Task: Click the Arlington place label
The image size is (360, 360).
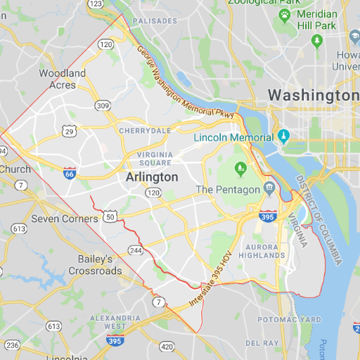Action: (x=152, y=177)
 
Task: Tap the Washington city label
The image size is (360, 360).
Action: (x=314, y=94)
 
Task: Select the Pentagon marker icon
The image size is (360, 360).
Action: (x=269, y=188)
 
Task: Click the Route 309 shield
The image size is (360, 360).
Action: (x=103, y=105)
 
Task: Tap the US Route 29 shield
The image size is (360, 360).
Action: (x=69, y=131)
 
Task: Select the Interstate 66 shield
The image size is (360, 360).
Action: (x=69, y=173)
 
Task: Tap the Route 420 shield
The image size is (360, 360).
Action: (x=167, y=346)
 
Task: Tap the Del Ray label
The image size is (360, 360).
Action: (x=262, y=342)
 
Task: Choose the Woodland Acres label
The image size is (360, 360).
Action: (x=62, y=79)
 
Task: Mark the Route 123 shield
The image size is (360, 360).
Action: (x=96, y=4)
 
